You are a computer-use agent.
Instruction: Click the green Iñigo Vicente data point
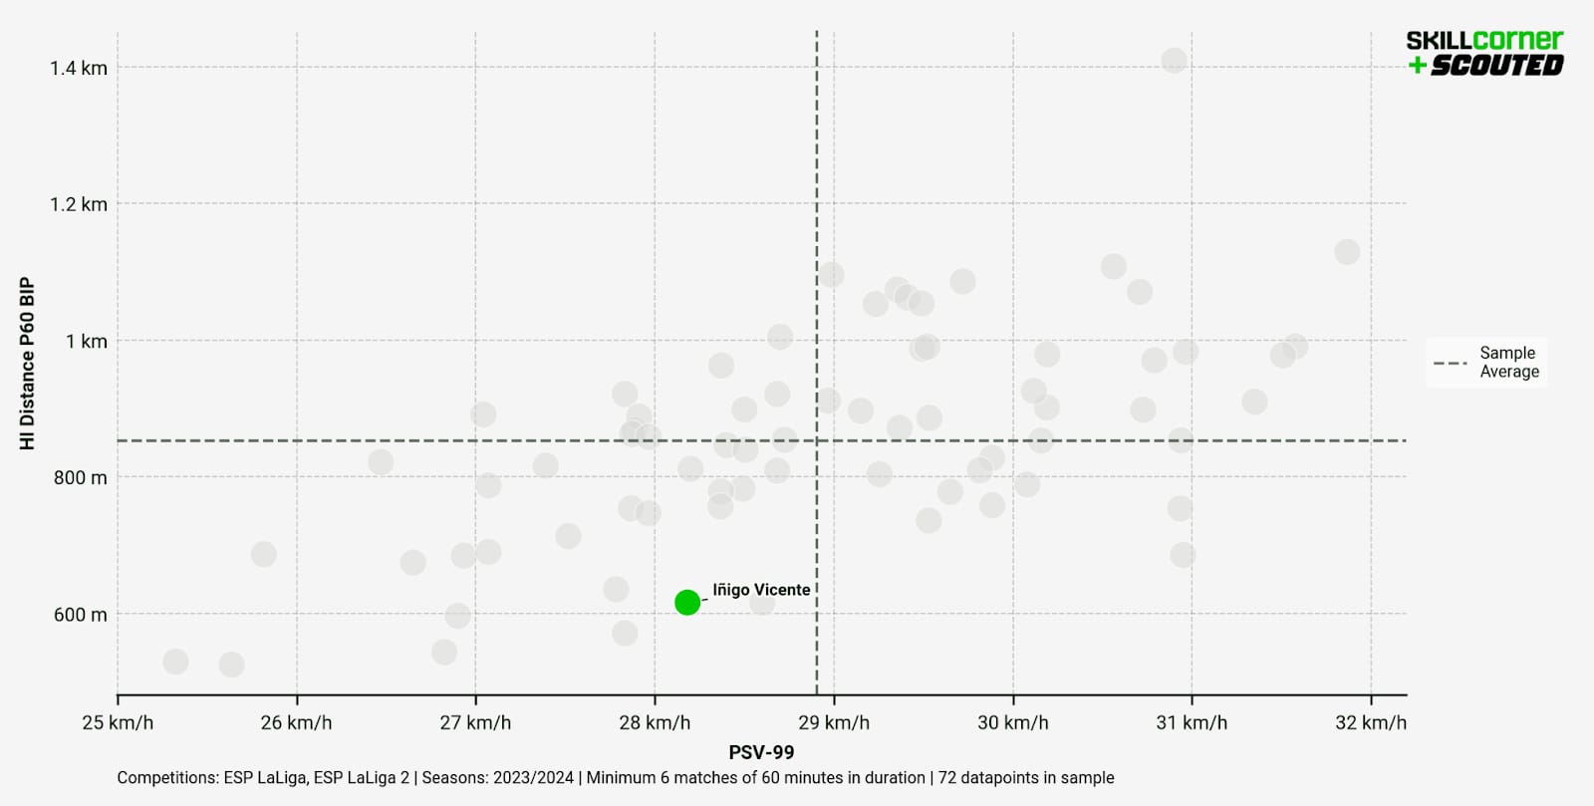(x=687, y=602)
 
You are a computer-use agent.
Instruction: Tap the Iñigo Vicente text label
(x=760, y=590)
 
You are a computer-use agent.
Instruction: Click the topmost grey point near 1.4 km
(x=1174, y=61)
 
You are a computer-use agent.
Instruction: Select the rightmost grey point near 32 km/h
(x=1347, y=252)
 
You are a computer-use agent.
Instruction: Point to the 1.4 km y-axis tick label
(x=79, y=68)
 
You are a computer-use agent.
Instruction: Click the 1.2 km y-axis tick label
(x=79, y=204)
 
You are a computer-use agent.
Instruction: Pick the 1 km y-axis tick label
(x=87, y=342)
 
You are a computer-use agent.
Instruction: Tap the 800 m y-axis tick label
(x=80, y=478)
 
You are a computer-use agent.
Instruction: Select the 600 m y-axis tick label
(x=80, y=615)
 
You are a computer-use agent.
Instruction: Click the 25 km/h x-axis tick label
(x=118, y=722)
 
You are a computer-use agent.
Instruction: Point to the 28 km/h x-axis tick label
(x=655, y=722)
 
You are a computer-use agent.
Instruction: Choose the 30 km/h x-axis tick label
(x=1012, y=722)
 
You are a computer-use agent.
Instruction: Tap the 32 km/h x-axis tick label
(x=1371, y=722)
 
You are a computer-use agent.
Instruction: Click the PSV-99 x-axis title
(x=761, y=752)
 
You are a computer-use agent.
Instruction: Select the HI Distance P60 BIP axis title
(x=28, y=364)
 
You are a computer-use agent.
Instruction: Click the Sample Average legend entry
(x=1487, y=363)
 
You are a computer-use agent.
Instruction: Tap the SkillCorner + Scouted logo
(x=1484, y=53)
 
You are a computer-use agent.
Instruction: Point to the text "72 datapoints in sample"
(x=1026, y=778)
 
